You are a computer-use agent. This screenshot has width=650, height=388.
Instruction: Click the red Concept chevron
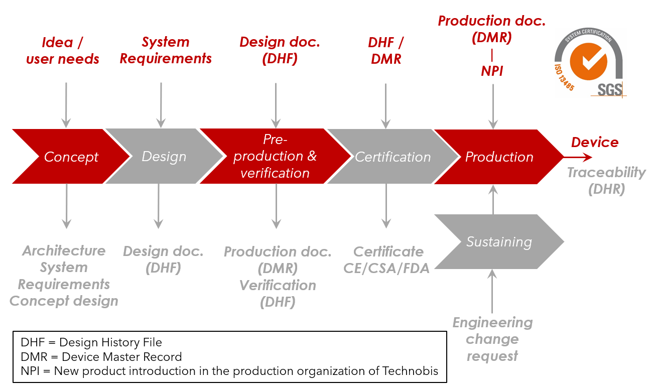(71, 157)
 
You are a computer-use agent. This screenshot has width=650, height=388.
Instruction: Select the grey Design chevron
(164, 157)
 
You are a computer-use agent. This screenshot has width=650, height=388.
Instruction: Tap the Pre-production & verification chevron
(275, 157)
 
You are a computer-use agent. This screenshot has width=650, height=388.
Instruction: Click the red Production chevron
(499, 157)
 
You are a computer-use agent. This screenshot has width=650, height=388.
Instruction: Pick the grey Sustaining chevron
(499, 242)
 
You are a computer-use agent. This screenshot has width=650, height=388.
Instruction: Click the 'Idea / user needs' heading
(63, 51)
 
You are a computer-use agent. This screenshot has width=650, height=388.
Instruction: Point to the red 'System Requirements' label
(166, 50)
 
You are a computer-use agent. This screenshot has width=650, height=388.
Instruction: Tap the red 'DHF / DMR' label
(385, 51)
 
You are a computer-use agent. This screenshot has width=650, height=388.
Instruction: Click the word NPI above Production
(492, 71)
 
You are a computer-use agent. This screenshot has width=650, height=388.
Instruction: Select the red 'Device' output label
(595, 142)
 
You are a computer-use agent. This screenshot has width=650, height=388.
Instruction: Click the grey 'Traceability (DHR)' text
(606, 181)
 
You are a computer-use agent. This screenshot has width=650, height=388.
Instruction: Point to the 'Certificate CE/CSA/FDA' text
(387, 260)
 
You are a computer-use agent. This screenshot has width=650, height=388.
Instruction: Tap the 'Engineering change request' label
(492, 339)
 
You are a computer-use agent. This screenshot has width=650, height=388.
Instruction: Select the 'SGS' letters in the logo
(609, 89)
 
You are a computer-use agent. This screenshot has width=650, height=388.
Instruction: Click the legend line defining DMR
(101, 357)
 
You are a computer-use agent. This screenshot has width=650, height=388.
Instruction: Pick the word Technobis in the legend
(413, 371)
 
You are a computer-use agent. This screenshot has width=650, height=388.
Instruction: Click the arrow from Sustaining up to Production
(493, 200)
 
